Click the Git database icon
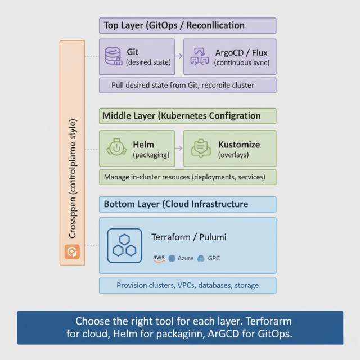click(x=113, y=56)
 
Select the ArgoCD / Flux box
click(x=229, y=57)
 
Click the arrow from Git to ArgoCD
click(x=178, y=56)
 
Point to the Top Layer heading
click(x=173, y=25)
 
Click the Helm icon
click(x=115, y=148)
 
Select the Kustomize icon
click(x=200, y=148)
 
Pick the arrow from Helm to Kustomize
click(x=179, y=148)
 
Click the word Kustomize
click(x=238, y=144)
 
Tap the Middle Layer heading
click(x=181, y=116)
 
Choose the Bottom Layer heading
click(x=175, y=204)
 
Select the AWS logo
click(x=159, y=258)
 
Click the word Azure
click(x=186, y=258)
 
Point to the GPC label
click(x=214, y=258)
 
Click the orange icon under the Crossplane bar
click(x=72, y=252)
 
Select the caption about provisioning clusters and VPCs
click(x=187, y=285)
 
